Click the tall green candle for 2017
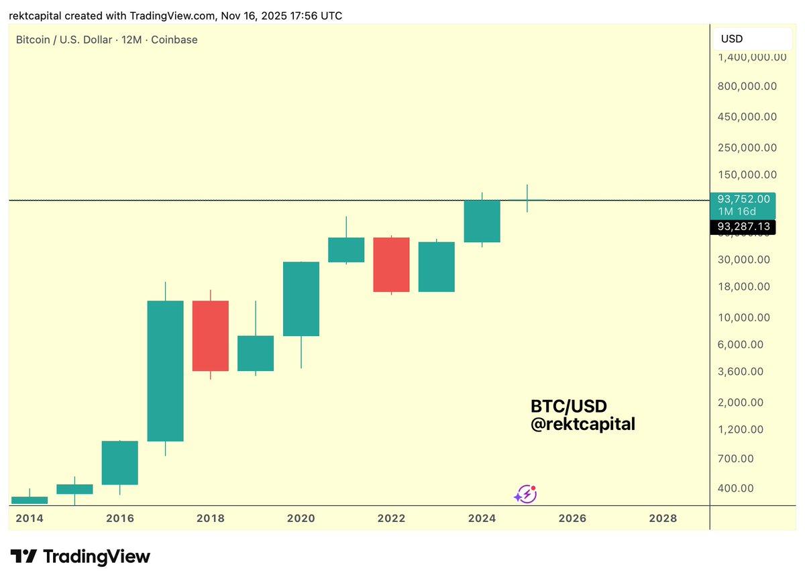[x=165, y=370]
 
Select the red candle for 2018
[x=210, y=335]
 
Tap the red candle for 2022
[x=391, y=264]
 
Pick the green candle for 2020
[x=301, y=299]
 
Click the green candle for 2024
[x=482, y=221]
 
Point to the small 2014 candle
[x=30, y=500]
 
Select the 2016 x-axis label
[x=120, y=519]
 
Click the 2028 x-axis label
[x=663, y=519]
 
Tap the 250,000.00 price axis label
[x=747, y=148]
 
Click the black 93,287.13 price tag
[x=743, y=227]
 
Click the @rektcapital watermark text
[x=582, y=424]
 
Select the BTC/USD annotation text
[x=568, y=407]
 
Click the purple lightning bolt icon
[x=525, y=494]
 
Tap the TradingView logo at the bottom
[x=80, y=556]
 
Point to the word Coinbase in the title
[x=174, y=40]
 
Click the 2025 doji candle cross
[x=527, y=200]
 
